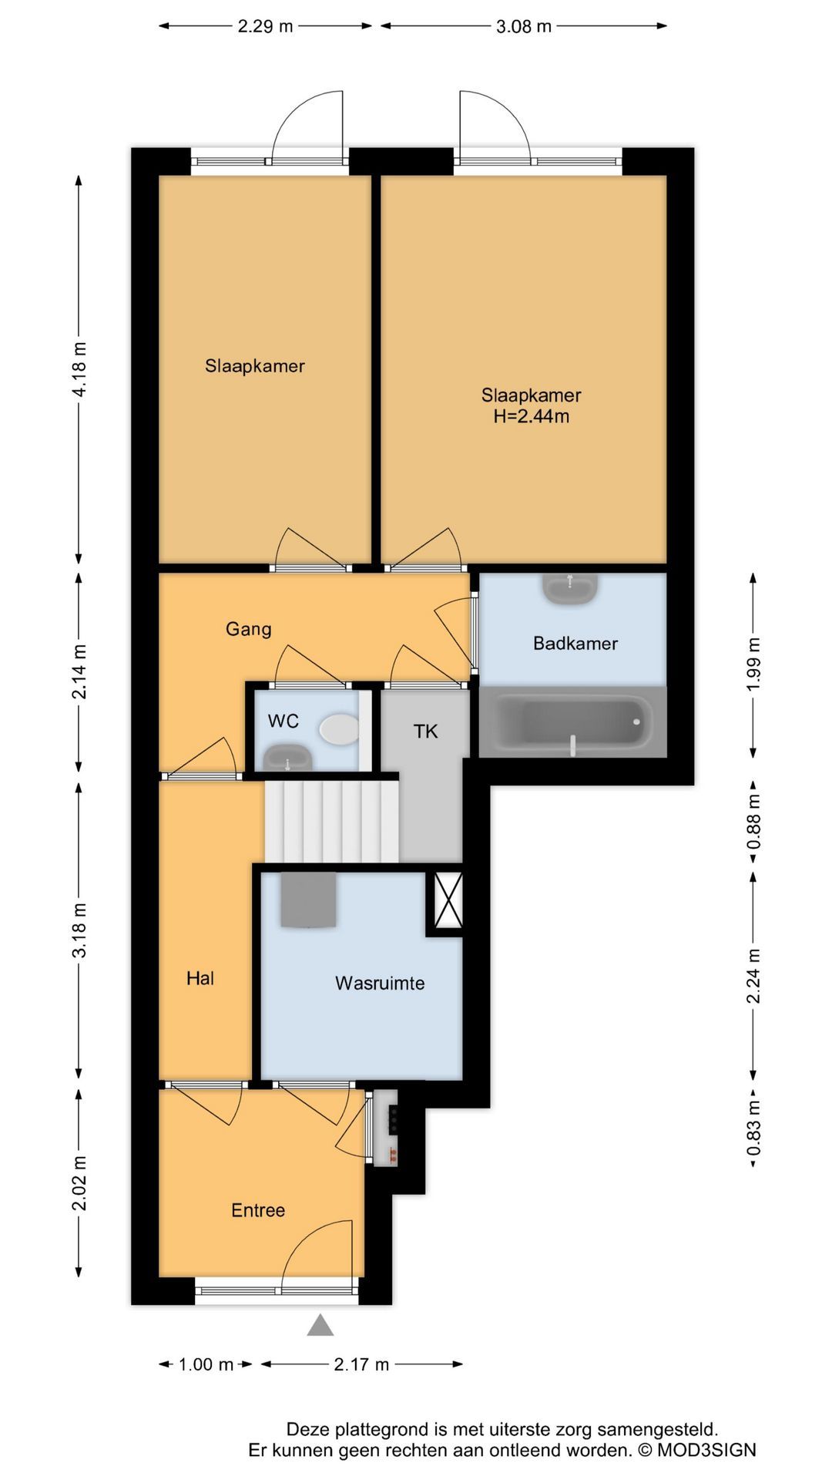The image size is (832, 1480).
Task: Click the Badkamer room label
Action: (575, 643)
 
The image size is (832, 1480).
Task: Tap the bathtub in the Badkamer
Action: (573, 722)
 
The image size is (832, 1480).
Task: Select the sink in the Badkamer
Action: (570, 588)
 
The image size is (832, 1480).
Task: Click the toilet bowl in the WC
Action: (340, 728)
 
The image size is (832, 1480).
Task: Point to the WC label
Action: (283, 721)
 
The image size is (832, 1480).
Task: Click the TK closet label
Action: (425, 731)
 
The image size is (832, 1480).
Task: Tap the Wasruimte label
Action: (380, 983)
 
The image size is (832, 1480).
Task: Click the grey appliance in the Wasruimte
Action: (308, 900)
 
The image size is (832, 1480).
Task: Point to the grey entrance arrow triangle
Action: (320, 1325)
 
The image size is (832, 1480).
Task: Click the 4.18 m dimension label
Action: (79, 368)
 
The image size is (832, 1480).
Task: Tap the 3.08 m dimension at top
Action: (524, 26)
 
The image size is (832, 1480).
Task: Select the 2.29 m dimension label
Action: (265, 26)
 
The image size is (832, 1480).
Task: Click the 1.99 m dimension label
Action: (753, 664)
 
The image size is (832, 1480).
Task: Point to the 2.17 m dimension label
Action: (361, 1364)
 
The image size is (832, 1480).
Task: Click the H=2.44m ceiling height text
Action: (532, 417)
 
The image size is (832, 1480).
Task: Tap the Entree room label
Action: (258, 1210)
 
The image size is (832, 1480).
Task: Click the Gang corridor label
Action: (248, 629)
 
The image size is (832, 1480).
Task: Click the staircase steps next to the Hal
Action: (332, 822)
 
